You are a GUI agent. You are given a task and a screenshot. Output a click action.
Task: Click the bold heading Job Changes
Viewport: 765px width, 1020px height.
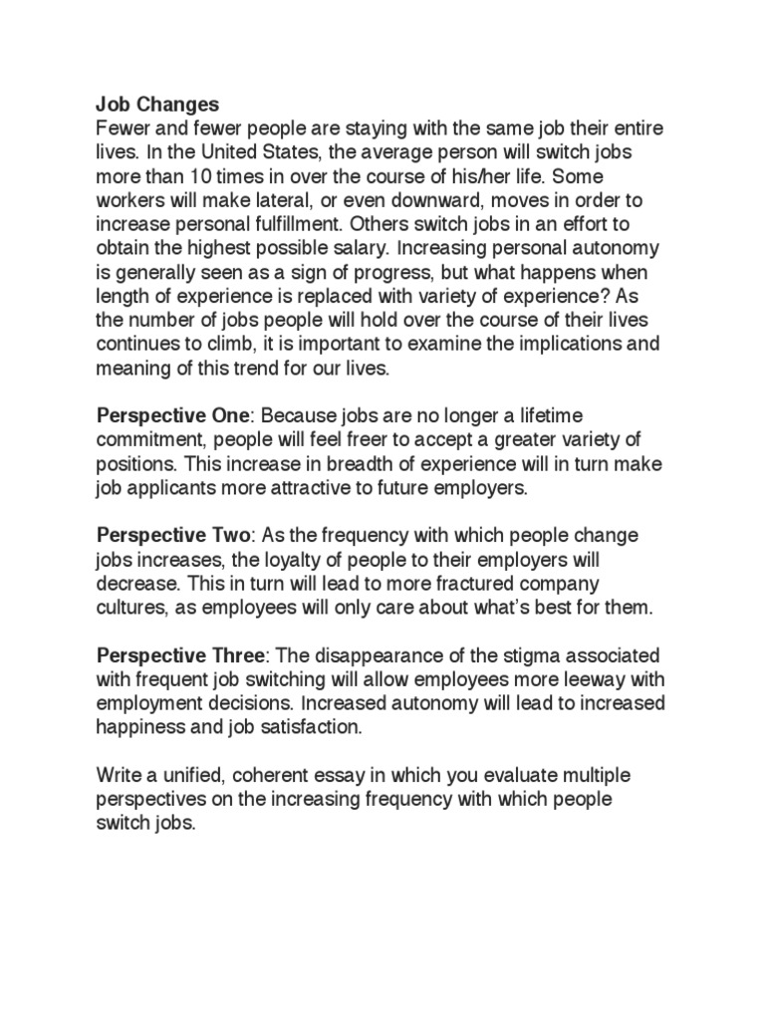pyautogui.click(x=157, y=105)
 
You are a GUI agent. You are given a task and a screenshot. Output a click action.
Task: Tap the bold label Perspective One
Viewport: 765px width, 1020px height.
pyautogui.click(x=176, y=414)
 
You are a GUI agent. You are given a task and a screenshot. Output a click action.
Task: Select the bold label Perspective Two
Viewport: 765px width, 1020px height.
pyautogui.click(x=176, y=536)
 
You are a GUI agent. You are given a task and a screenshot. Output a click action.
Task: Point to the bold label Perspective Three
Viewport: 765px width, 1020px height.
pyautogui.click(x=181, y=657)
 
